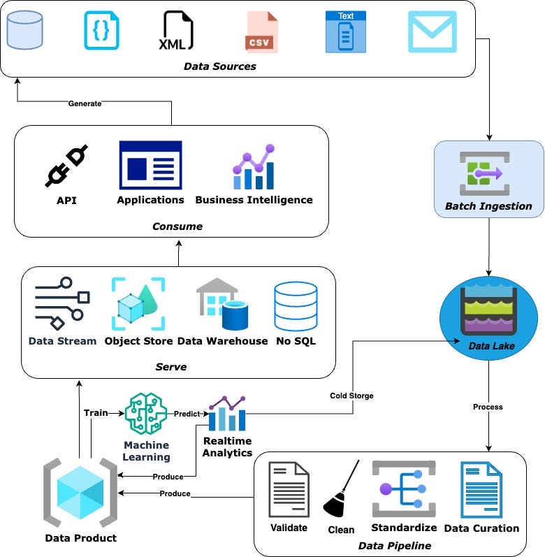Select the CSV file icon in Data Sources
click(x=261, y=32)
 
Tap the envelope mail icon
click(x=433, y=31)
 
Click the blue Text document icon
click(x=346, y=31)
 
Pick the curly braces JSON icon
click(x=102, y=31)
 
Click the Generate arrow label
click(x=85, y=103)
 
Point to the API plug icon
click(x=66, y=166)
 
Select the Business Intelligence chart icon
click(x=254, y=167)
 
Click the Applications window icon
click(x=150, y=165)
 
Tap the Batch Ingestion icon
click(x=488, y=173)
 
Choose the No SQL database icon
click(x=296, y=306)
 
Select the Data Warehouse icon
click(x=222, y=305)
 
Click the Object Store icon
click(x=138, y=304)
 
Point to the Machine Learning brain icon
click(x=147, y=415)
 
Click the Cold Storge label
click(x=351, y=396)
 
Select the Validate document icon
click(x=289, y=489)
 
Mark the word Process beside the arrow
click(x=488, y=407)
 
